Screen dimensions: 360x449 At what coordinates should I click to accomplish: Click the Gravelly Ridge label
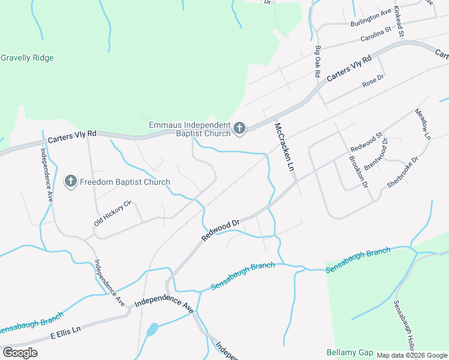click(28, 58)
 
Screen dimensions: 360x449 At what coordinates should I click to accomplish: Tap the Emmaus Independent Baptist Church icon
click(240, 128)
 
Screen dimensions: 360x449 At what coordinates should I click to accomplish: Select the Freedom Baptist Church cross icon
click(71, 182)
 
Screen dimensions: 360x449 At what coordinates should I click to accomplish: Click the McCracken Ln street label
click(286, 146)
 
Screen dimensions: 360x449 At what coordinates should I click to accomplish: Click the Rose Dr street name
click(373, 82)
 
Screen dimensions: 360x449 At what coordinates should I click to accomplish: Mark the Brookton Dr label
click(358, 172)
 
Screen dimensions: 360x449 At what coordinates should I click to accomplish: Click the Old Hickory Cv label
click(112, 214)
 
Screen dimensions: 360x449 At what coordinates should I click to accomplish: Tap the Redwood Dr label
click(220, 230)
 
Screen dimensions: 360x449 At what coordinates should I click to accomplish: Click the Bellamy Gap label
click(350, 352)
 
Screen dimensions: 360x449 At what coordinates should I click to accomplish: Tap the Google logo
click(20, 352)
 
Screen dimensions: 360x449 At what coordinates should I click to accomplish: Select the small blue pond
click(152, 329)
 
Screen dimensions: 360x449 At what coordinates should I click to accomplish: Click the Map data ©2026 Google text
click(412, 355)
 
